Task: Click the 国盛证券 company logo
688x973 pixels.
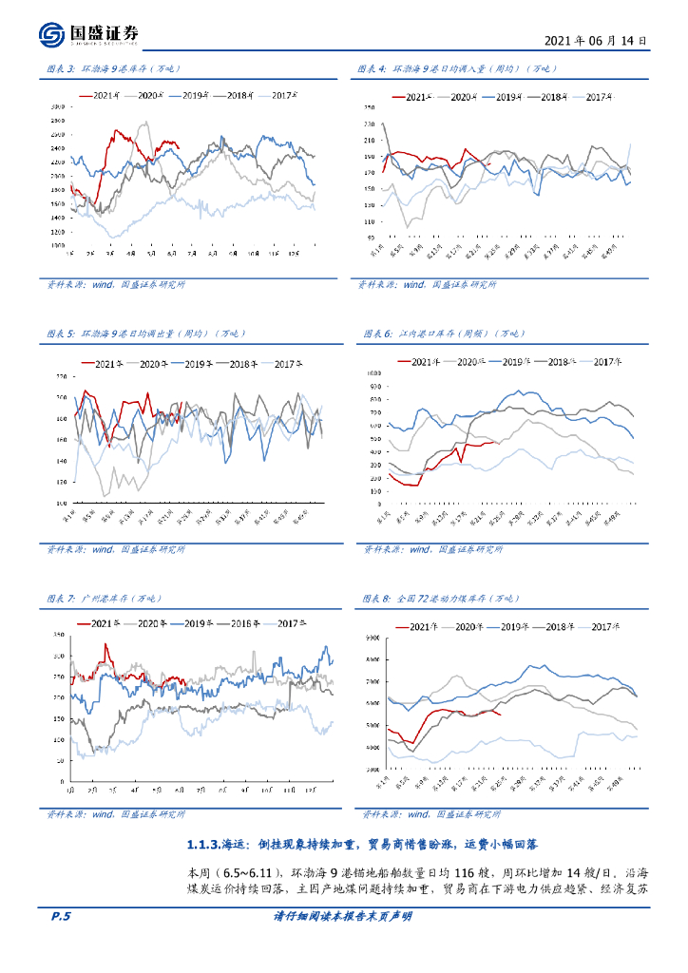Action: [89, 34]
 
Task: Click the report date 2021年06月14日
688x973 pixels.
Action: [597, 42]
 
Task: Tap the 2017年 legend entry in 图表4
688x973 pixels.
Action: [598, 97]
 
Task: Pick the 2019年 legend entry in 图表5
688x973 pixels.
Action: [199, 364]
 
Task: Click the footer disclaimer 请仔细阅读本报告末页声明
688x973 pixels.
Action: [342, 916]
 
